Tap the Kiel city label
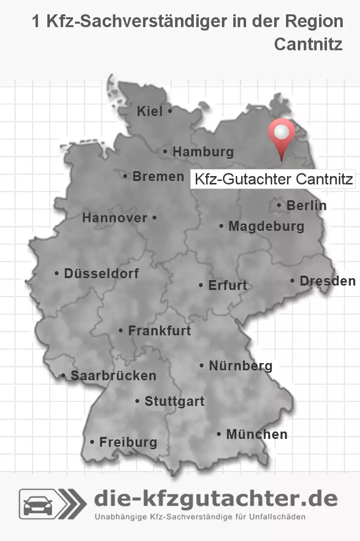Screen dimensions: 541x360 coord(150,112)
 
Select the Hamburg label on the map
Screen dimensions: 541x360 coord(203,152)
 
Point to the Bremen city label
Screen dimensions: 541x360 coord(158,176)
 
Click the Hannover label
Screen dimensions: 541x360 coord(115,218)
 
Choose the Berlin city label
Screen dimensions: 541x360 coord(306,205)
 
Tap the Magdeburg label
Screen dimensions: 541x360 coord(266,226)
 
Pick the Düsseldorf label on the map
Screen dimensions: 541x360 coord(101,273)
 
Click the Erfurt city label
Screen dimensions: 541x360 coord(227,285)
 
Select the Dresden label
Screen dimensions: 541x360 coord(327,281)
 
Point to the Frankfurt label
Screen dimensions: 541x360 coord(159,330)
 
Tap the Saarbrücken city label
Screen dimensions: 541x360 coord(113,376)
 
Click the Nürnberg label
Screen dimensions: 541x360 coord(241,366)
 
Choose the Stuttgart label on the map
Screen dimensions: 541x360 coord(174,401)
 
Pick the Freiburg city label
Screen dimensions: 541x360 coord(128,442)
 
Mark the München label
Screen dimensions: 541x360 coord(256,434)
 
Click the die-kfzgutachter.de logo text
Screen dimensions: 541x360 coord(216,499)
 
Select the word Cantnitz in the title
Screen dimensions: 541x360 coord(308,44)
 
